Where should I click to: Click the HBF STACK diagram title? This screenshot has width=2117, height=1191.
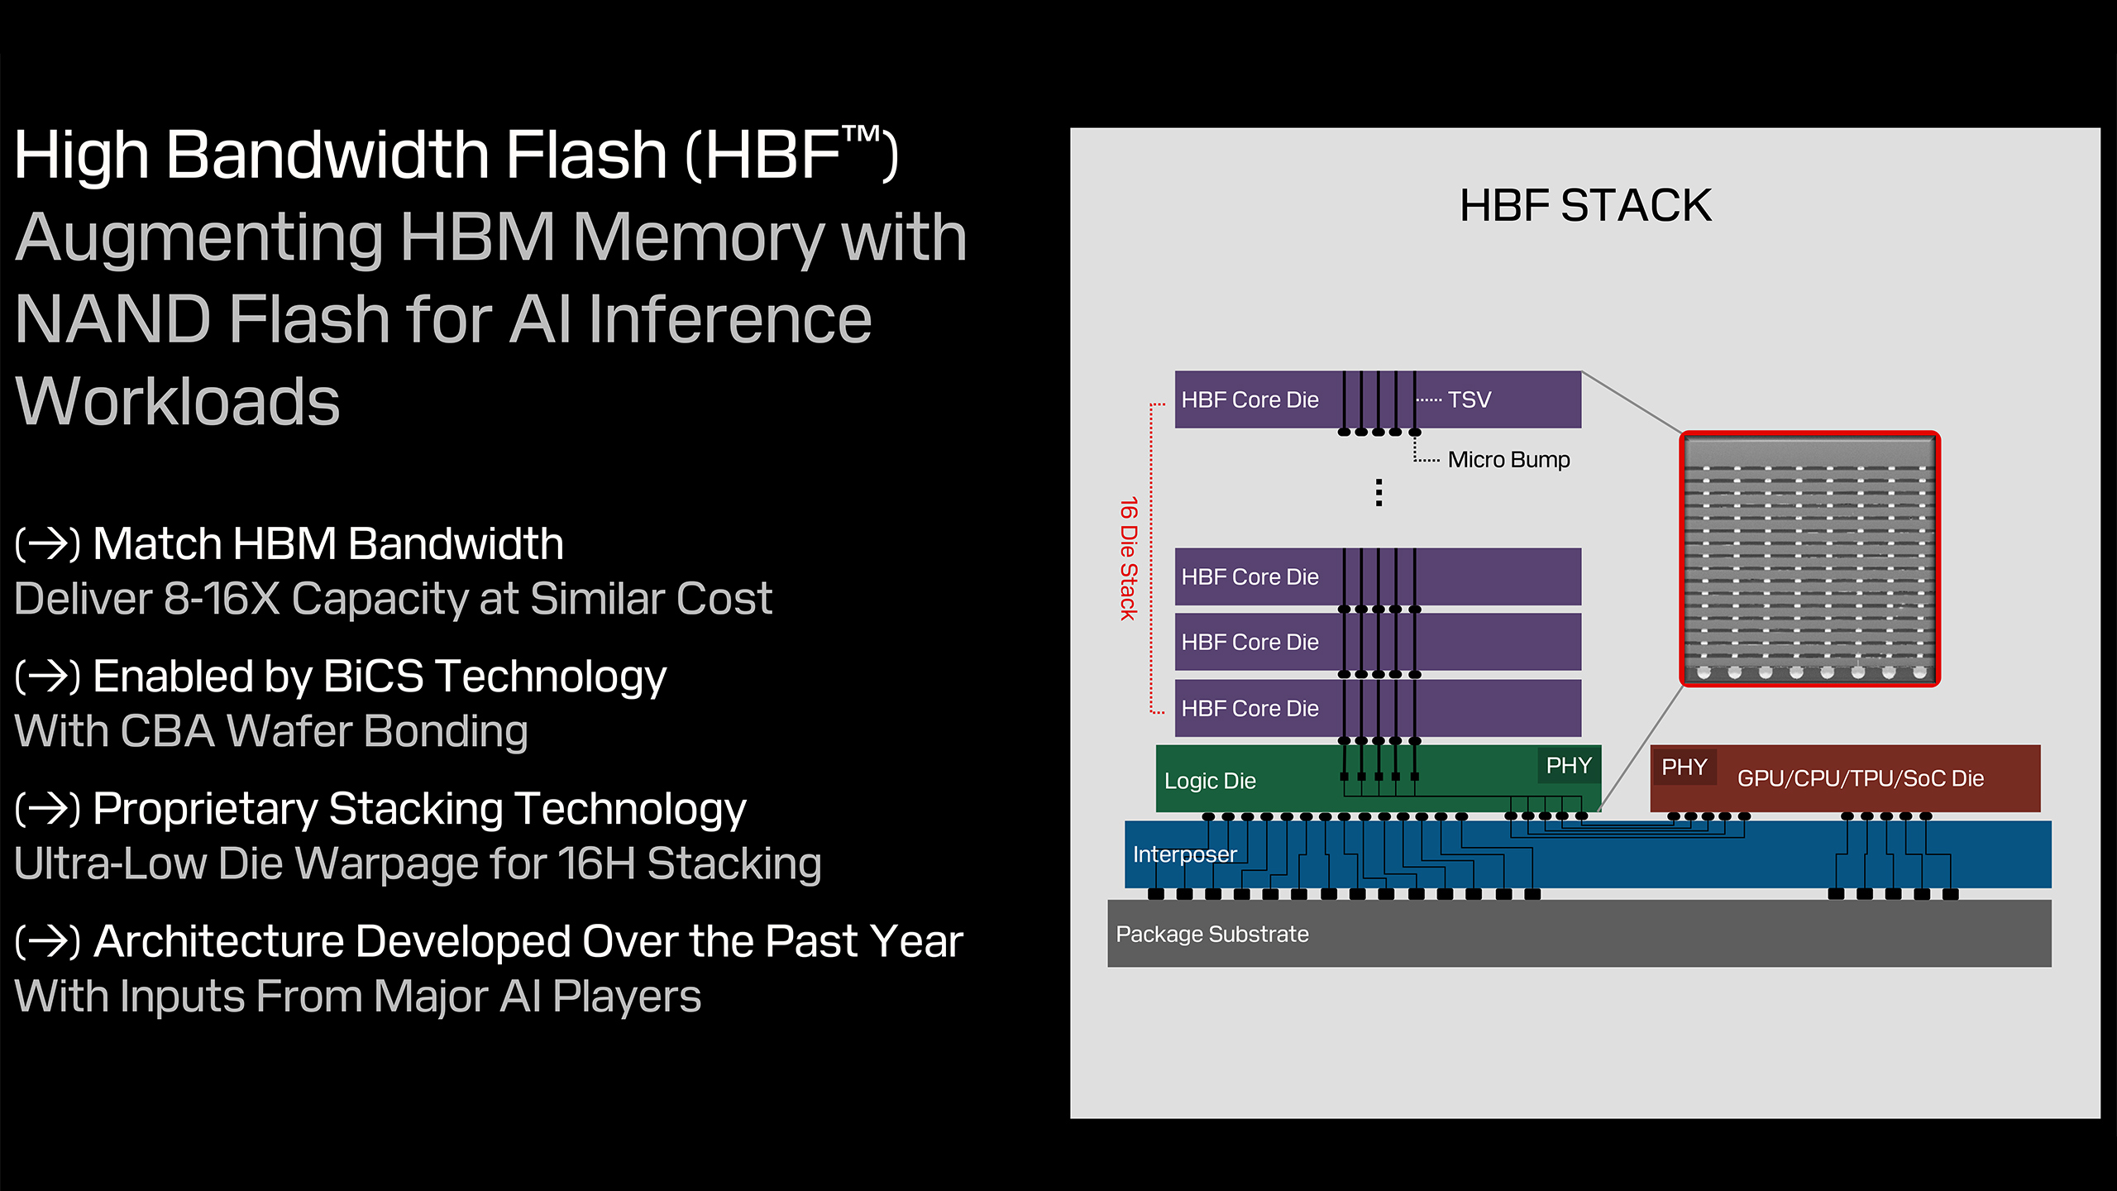coord(1584,206)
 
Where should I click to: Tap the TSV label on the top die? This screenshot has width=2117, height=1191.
coord(1469,400)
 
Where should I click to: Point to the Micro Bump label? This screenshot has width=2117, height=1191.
coord(1508,460)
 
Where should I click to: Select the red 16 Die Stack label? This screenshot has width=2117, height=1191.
coord(1129,558)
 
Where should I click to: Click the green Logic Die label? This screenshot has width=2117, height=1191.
coord(1210,781)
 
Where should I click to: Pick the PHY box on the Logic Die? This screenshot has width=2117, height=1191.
coord(1569,766)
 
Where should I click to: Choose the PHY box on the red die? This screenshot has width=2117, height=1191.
coord(1684,768)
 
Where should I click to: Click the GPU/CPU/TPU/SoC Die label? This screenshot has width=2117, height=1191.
coord(1860,779)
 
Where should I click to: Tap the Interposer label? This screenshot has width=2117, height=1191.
coord(1184,854)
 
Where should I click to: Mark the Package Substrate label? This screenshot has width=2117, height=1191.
coord(1211,935)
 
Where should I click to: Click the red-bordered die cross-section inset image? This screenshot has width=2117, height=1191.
coord(1809,559)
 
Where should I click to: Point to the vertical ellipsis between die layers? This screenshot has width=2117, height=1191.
coord(1379,493)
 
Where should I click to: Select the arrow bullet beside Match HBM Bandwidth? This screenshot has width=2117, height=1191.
coord(48,544)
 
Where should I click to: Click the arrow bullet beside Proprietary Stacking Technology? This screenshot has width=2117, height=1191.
coord(48,809)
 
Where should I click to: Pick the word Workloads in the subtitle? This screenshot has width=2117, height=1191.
coord(178,402)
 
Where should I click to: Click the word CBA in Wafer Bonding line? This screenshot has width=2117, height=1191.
coord(168,732)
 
